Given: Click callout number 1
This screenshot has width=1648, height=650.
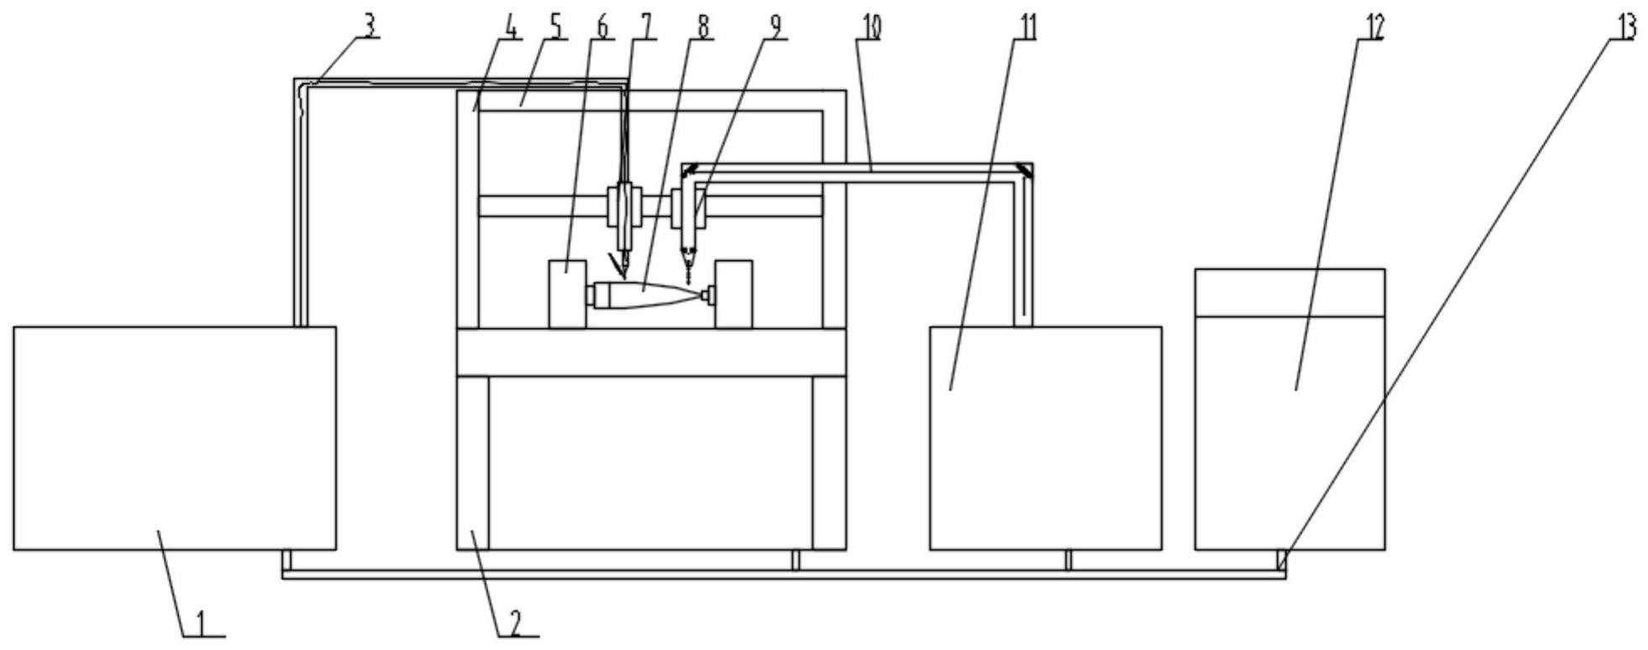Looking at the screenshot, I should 201,622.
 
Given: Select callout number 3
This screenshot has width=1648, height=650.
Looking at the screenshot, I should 369,25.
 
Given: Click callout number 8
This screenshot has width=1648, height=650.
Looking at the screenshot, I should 703,26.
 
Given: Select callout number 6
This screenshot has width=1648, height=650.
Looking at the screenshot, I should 601,26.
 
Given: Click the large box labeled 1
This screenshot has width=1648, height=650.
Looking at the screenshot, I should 175,438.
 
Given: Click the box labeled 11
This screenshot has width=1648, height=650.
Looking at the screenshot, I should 1045,438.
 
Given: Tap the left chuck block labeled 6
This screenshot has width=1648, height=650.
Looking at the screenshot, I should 567,293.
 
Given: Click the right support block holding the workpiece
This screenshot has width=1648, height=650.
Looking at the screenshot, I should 734,293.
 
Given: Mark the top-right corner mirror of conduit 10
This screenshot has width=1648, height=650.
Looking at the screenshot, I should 1026,171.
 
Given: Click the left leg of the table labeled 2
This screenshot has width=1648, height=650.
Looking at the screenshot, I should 472,462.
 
